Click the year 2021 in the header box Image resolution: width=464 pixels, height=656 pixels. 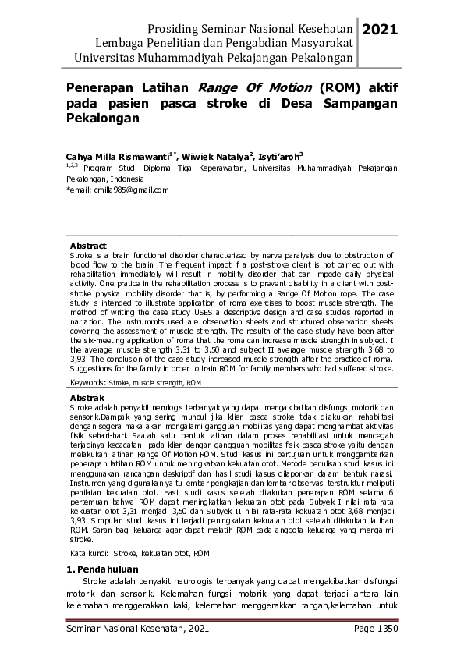point(381,30)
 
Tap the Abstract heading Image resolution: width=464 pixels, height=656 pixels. point(88,245)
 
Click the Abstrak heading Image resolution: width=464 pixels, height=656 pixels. point(87,398)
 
